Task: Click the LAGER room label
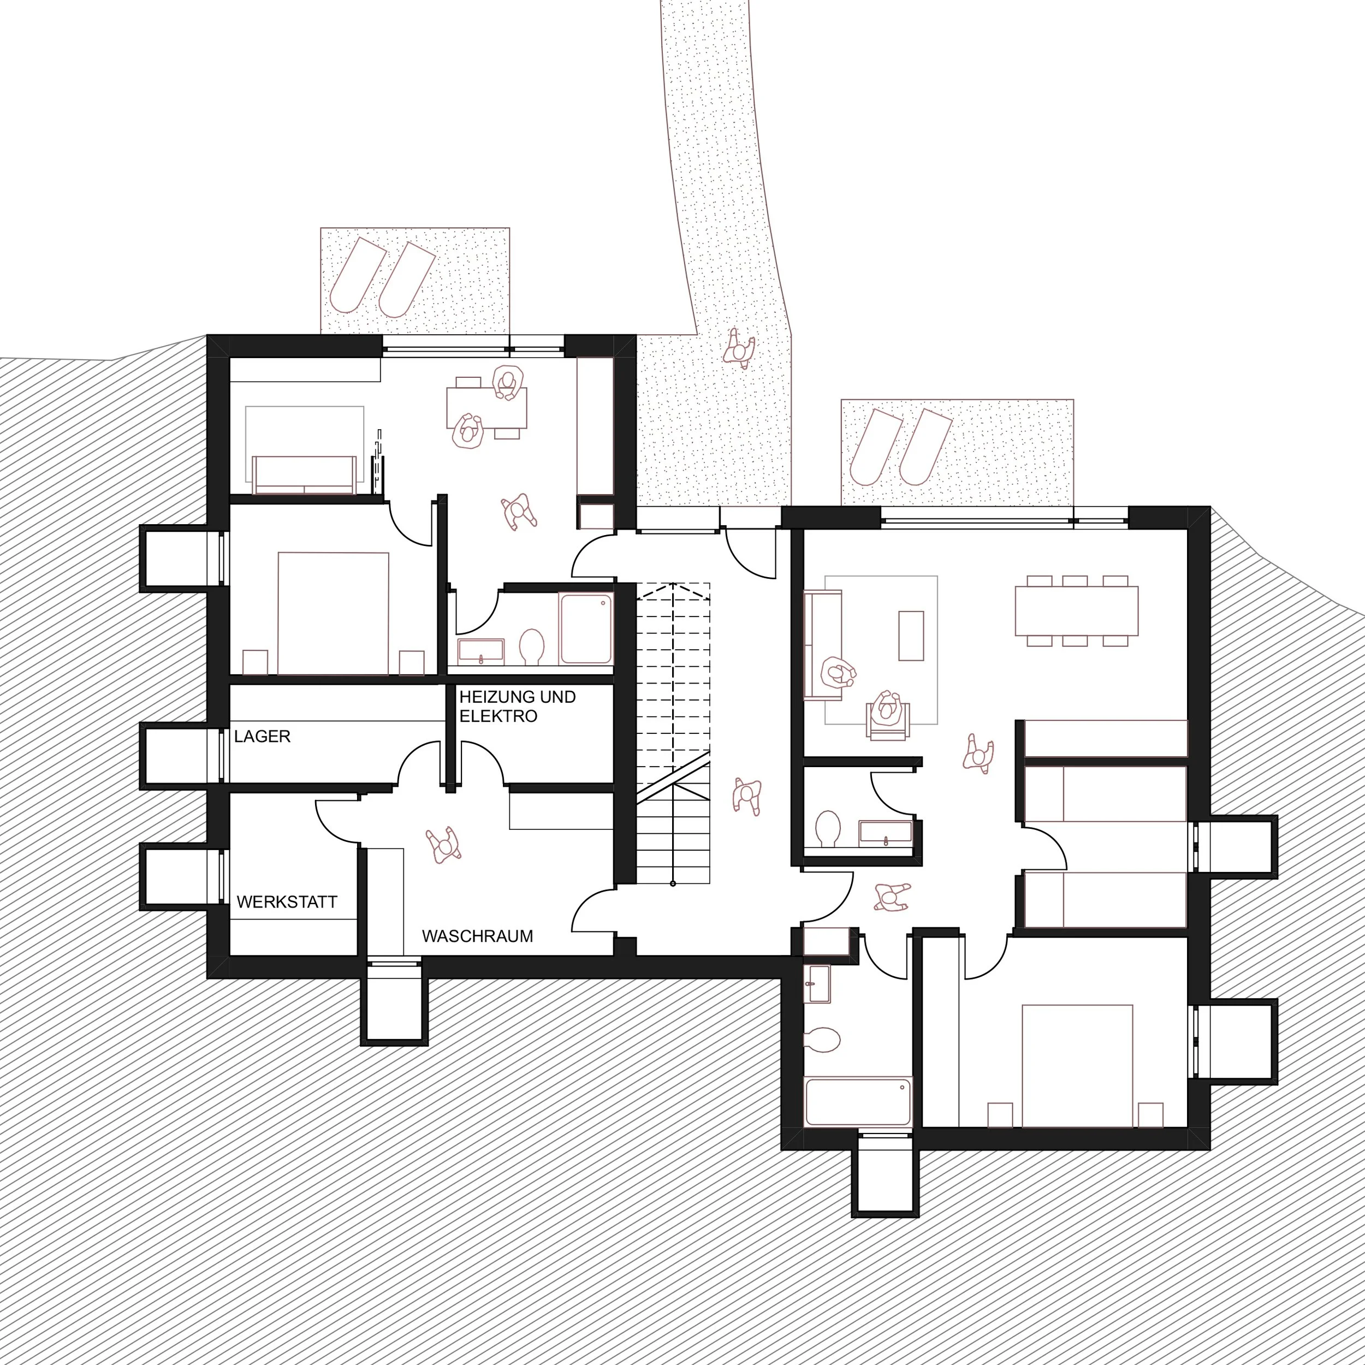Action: point(262,736)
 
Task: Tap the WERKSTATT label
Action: point(287,902)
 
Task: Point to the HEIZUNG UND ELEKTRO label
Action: point(517,707)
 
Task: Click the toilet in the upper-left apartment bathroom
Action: point(531,646)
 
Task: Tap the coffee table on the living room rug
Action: point(911,635)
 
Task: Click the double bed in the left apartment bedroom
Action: point(333,613)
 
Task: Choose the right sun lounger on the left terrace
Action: point(406,280)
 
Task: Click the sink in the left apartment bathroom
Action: point(481,650)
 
